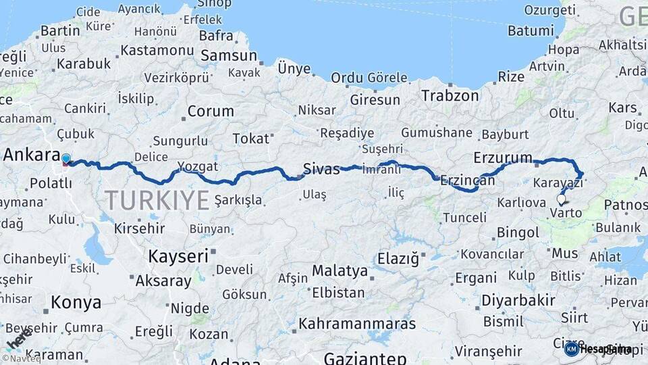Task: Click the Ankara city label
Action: pyautogui.click(x=32, y=154)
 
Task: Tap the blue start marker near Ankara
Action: pyautogui.click(x=65, y=159)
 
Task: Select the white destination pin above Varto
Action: pyautogui.click(x=561, y=199)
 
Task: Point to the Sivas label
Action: pyautogui.click(x=321, y=169)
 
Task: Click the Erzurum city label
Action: pyautogui.click(x=503, y=157)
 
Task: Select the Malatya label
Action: pyautogui.click(x=340, y=271)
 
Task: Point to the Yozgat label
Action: pyautogui.click(x=198, y=166)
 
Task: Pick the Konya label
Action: pyautogui.click(x=76, y=302)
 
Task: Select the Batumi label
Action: pyautogui.click(x=531, y=30)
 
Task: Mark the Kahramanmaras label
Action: pyautogui.click(x=357, y=324)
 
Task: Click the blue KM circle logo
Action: pyautogui.click(x=571, y=349)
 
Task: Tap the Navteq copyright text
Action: pyautogui.click(x=20, y=358)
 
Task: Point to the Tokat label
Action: pyautogui.click(x=250, y=139)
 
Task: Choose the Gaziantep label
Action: pyautogui.click(x=364, y=358)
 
